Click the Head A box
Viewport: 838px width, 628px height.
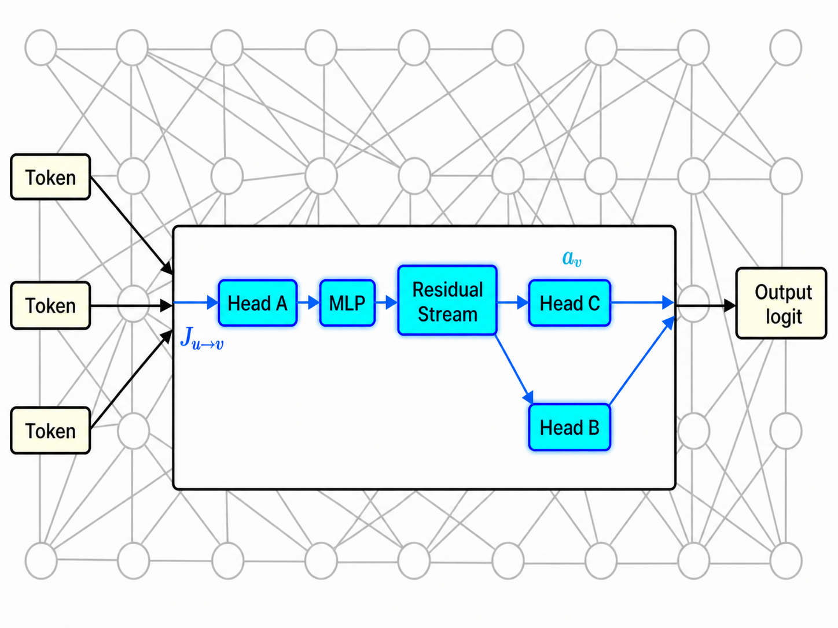pos(258,303)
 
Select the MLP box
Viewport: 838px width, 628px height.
pos(347,303)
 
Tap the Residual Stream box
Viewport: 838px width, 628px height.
pos(447,301)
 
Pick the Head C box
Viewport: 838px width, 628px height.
pos(569,303)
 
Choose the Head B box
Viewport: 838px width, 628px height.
pos(569,427)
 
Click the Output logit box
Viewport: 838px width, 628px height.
pos(781,303)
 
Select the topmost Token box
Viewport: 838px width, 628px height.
pos(50,177)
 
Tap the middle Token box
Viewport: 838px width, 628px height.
pos(50,305)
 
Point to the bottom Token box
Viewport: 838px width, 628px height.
pos(50,430)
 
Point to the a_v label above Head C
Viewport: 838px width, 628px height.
pos(572,259)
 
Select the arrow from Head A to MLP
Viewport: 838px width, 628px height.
pos(308,303)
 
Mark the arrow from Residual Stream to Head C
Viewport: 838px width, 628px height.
pos(513,303)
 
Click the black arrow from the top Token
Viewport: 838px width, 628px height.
pos(132,226)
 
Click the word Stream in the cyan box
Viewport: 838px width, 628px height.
pos(447,314)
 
